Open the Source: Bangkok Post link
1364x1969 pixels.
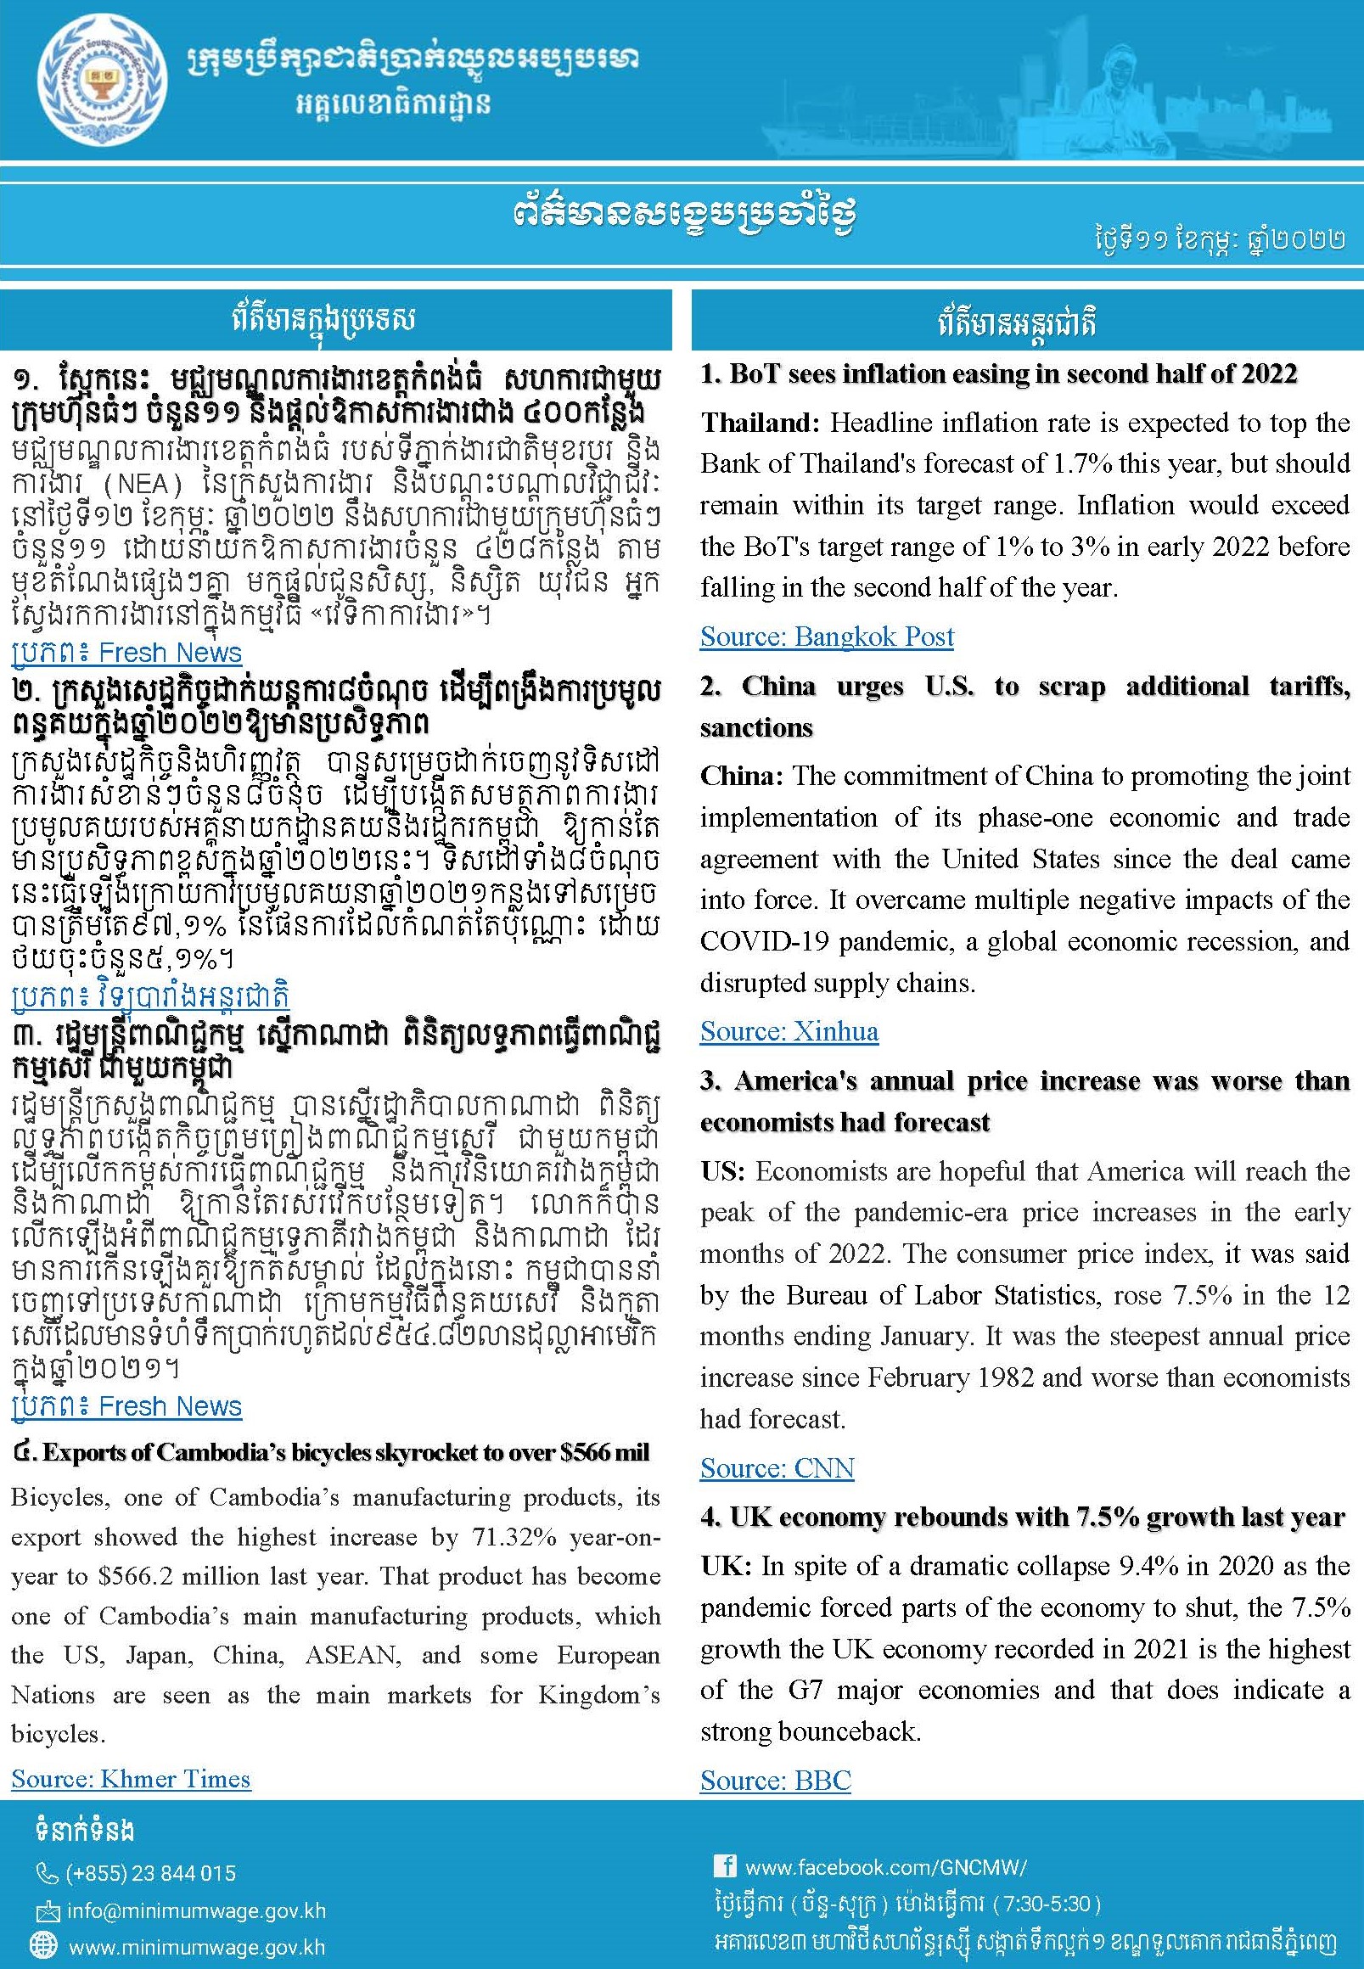[827, 637]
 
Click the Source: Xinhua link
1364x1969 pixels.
[789, 1031]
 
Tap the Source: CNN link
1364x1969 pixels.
[777, 1467]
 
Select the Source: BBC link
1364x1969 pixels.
[775, 1780]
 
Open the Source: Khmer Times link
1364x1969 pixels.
[131, 1778]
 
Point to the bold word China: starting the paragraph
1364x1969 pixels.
[741, 776]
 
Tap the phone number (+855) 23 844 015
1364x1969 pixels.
[149, 1873]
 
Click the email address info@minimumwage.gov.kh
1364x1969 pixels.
[196, 1910]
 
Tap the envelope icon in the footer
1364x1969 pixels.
[46, 1911]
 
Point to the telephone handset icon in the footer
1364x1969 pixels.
[46, 1873]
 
